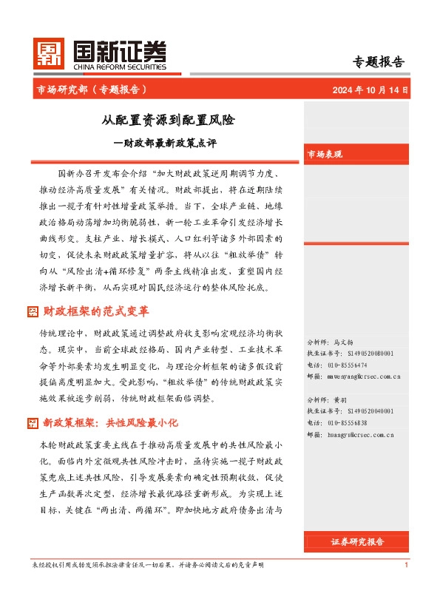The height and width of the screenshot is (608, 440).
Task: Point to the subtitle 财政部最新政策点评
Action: pyautogui.click(x=172, y=142)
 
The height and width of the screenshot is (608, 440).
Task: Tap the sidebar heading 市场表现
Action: pyautogui.click(x=325, y=154)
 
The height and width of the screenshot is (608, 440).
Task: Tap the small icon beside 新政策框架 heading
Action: pyautogui.click(x=33, y=423)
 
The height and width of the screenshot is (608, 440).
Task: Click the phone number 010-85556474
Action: pyautogui.click(x=347, y=365)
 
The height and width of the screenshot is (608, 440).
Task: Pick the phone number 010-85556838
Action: pyautogui.click(x=347, y=423)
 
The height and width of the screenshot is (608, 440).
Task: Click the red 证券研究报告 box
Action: pyautogui.click(x=357, y=542)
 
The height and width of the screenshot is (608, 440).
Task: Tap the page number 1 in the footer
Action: pyautogui.click(x=407, y=566)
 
